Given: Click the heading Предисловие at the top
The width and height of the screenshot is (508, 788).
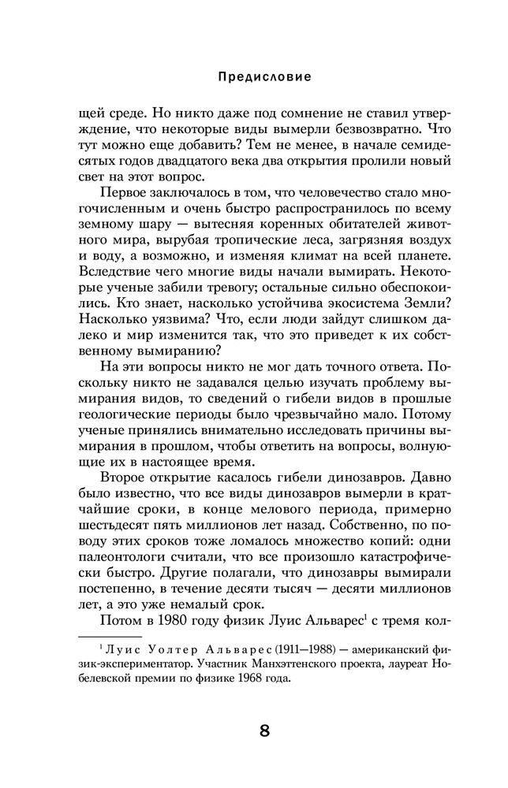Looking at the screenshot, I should pyautogui.click(x=263, y=77).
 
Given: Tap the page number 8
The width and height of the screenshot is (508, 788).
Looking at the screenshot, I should pyautogui.click(x=264, y=730).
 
